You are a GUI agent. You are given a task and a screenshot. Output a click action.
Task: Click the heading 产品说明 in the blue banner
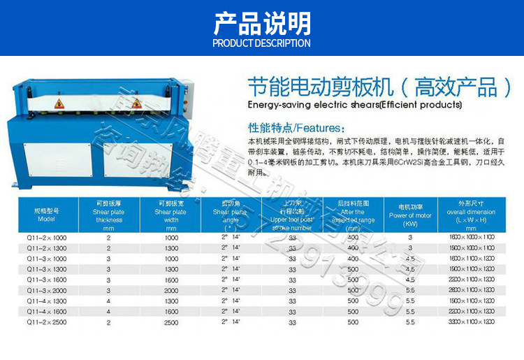pos(261,24)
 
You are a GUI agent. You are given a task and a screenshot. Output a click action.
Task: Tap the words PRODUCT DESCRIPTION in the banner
pos(261,43)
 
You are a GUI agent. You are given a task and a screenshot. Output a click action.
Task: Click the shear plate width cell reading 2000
pos(171,289)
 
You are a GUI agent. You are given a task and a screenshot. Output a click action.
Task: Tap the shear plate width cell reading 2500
pos(171,322)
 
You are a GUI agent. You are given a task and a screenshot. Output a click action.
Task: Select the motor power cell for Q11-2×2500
pos(410,322)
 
